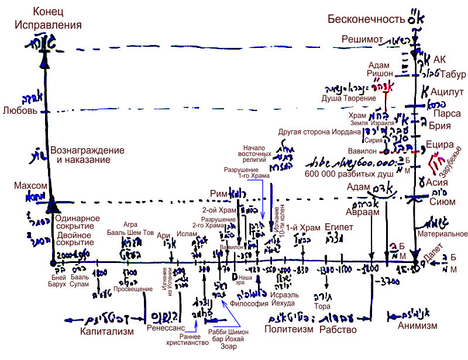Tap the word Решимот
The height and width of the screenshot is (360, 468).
tap(363, 39)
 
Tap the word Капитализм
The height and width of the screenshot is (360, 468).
tap(107, 331)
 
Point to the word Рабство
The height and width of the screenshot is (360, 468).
tap(338, 330)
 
